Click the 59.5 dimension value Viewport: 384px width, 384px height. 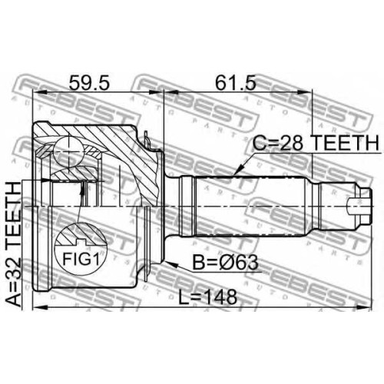(x=89, y=83)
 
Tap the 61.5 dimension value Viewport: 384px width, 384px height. (x=235, y=83)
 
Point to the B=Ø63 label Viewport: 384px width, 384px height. (x=225, y=263)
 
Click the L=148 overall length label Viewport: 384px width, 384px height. (x=207, y=297)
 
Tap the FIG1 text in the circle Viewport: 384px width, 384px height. (x=81, y=259)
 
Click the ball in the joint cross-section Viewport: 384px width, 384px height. (x=69, y=152)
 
